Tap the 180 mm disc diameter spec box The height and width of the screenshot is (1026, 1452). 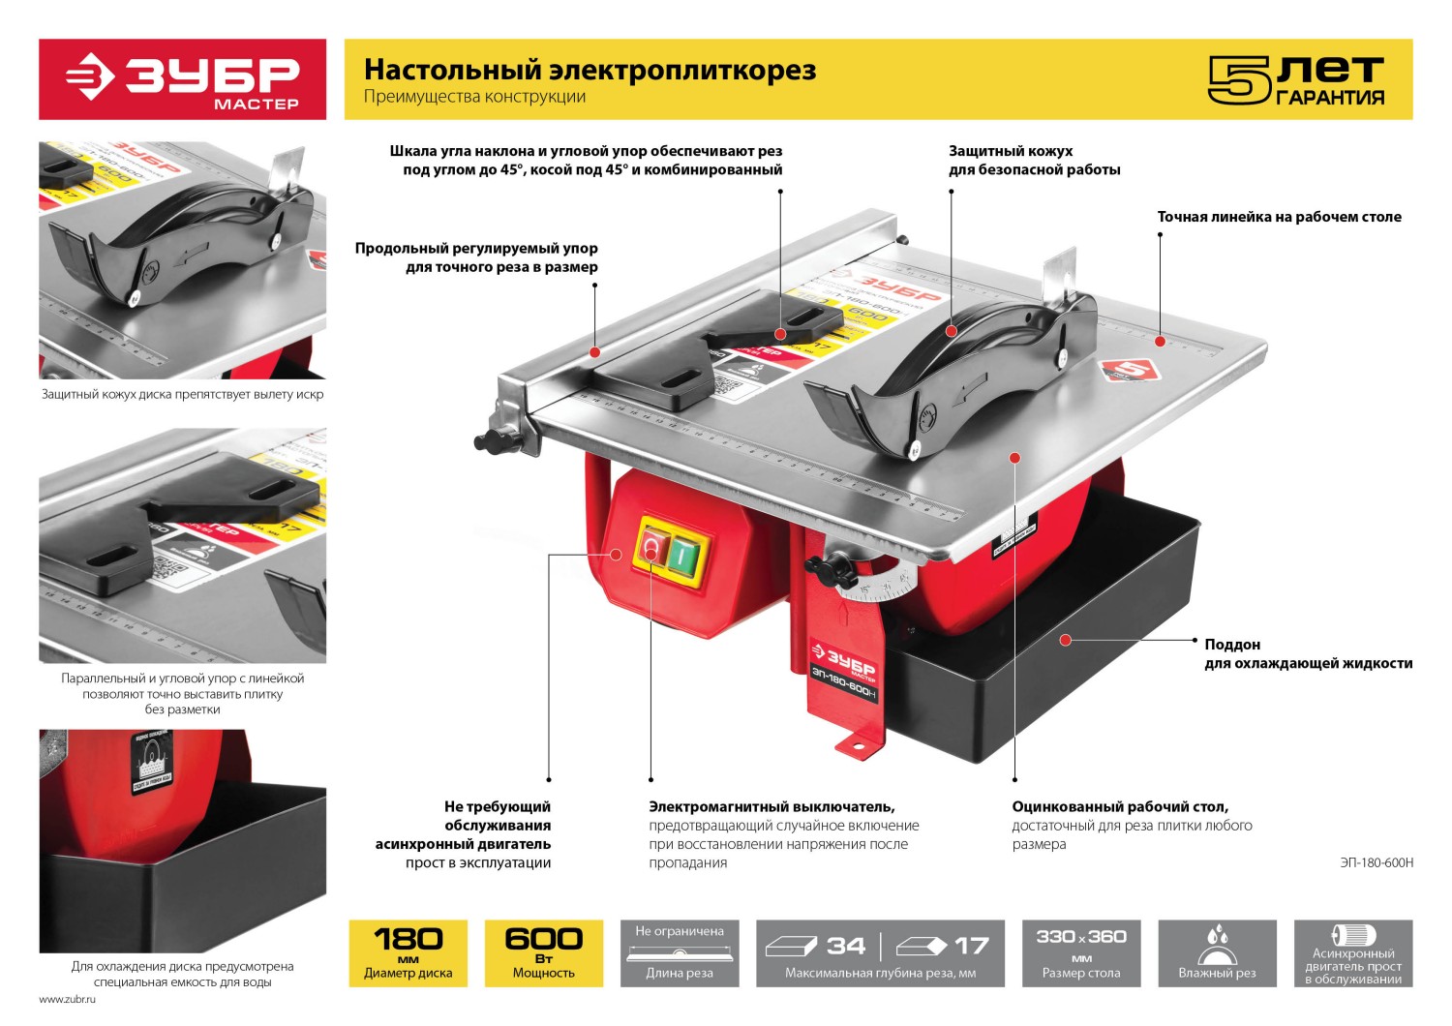408,952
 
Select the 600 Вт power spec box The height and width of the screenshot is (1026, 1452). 543,952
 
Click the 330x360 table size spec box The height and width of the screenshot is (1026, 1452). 1081,952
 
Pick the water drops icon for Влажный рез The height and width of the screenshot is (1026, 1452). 1217,941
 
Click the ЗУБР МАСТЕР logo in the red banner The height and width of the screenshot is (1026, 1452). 183,79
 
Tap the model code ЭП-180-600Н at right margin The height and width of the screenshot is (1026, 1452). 1376,862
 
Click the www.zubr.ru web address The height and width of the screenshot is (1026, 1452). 68,999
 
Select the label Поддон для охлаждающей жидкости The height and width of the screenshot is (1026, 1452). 1307,653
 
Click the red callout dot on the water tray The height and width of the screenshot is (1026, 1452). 1065,640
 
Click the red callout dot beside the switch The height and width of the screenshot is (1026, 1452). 616,555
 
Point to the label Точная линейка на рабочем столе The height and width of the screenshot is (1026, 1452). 1279,217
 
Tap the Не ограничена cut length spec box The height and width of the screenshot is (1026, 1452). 680,952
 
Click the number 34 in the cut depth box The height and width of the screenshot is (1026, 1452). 845,946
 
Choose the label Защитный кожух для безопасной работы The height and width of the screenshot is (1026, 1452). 1034,160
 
